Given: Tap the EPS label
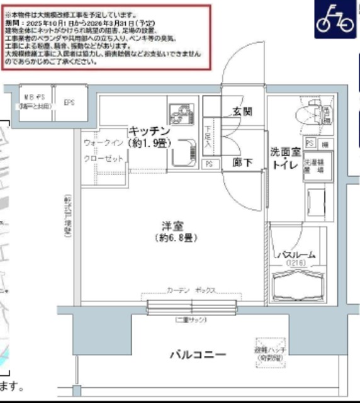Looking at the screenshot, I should pos(69,102).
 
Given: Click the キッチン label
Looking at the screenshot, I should pos(149,131).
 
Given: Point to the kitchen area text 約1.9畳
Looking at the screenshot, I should pos(149,143).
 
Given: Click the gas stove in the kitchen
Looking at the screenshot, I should pos(179,114).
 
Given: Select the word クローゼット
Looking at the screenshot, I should pos(103,159).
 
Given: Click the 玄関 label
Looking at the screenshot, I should pos(242,112).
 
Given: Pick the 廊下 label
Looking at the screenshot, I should pos(242,162).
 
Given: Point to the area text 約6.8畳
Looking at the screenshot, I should pos(167,238).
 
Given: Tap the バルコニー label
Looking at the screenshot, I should pos(197,355).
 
